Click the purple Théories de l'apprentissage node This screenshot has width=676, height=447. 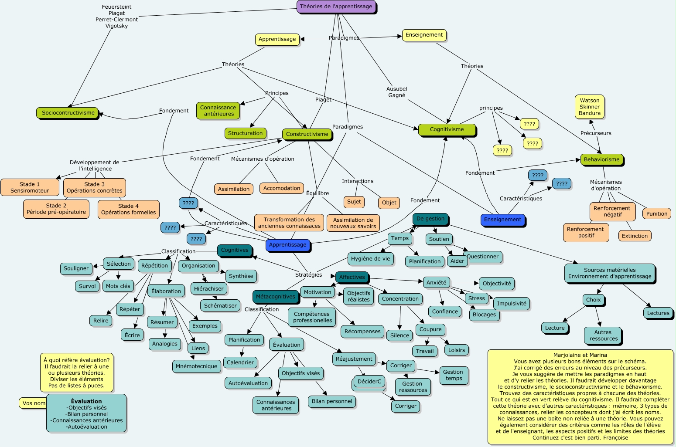coord(336,7)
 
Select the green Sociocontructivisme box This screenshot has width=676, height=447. coord(68,113)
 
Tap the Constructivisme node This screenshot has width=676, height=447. coord(307,134)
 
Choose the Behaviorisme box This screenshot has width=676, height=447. coord(601,159)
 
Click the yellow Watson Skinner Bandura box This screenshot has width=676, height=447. coord(590,107)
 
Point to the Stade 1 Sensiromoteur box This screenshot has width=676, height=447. coord(30,187)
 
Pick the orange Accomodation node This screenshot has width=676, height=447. coord(282,188)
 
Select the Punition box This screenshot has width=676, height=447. coord(656,213)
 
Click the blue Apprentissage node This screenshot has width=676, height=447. coord(287,245)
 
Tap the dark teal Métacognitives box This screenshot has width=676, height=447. coord(275,297)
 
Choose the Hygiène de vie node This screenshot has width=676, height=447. coord(370,259)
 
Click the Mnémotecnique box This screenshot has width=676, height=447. coord(196,366)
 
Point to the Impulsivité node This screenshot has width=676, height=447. coord(512,304)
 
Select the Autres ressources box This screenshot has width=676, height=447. coord(603,335)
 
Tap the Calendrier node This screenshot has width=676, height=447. coord(240,362)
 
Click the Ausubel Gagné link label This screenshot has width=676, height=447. coord(396,92)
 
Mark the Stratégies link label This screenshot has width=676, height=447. coord(308,275)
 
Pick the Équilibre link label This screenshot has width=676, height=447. coord(318,193)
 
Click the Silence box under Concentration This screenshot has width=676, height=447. coord(399,335)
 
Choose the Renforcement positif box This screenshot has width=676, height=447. coord(585,232)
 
